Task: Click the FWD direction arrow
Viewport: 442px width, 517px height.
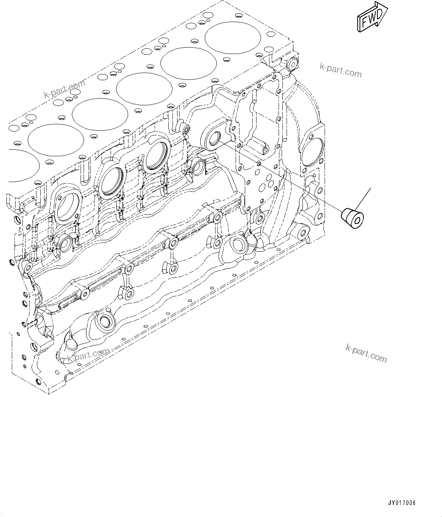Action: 372,16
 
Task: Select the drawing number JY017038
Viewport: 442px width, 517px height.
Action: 401,502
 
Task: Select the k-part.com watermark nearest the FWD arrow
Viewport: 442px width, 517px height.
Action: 341,70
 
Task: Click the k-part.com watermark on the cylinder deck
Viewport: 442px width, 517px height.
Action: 65,89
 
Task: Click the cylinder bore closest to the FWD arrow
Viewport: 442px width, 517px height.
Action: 233,37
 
